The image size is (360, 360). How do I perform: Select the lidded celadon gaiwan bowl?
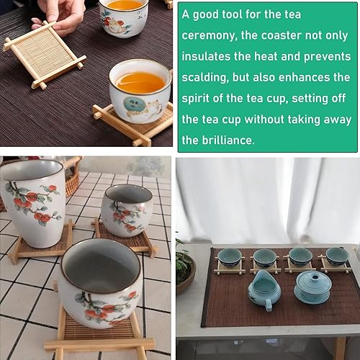click(x=312, y=288)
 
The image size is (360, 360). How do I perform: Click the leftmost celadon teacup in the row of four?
click(x=230, y=258)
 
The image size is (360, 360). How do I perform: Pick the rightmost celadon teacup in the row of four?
click(x=336, y=256)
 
